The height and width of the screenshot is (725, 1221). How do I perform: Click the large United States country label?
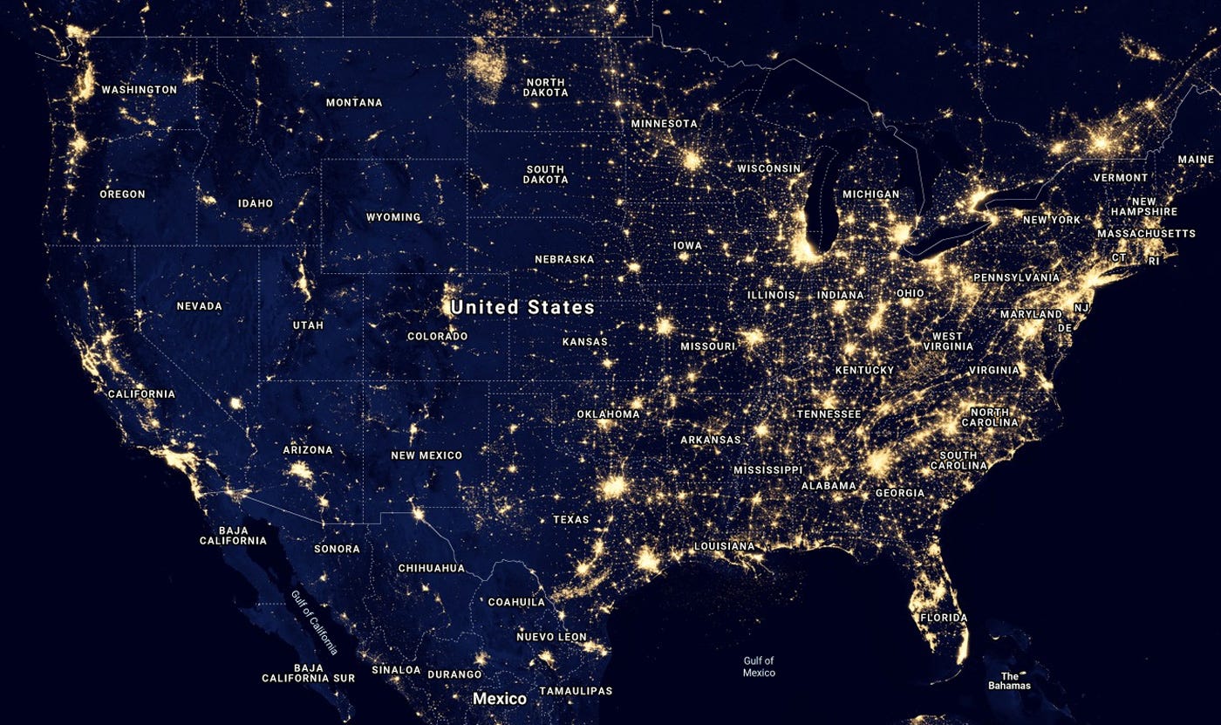tap(522, 307)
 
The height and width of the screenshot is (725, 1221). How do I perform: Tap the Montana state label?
tap(354, 103)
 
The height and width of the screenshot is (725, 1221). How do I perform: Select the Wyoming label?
tap(393, 217)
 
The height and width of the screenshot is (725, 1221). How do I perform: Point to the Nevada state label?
tap(199, 306)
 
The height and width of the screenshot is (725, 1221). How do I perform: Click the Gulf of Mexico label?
tap(759, 667)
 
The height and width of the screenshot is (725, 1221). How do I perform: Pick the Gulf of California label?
tap(314, 620)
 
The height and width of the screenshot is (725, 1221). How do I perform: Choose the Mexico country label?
tap(500, 699)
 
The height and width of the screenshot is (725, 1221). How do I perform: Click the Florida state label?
tap(944, 618)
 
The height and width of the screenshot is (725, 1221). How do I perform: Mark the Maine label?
tap(1196, 160)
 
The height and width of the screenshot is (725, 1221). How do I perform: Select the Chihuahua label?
tap(431, 568)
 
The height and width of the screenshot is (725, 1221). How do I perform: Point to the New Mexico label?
tap(426, 455)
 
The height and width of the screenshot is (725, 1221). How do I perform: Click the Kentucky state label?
tap(864, 370)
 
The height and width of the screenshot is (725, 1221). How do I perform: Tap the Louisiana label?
tap(724, 546)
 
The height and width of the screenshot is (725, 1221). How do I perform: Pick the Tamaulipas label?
tap(576, 691)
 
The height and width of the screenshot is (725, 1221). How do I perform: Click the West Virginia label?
tap(948, 341)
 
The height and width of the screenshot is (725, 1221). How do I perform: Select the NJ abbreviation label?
tap(1082, 308)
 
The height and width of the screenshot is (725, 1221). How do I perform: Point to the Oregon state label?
tap(122, 195)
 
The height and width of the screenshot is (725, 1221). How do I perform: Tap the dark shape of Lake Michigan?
tap(821, 205)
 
